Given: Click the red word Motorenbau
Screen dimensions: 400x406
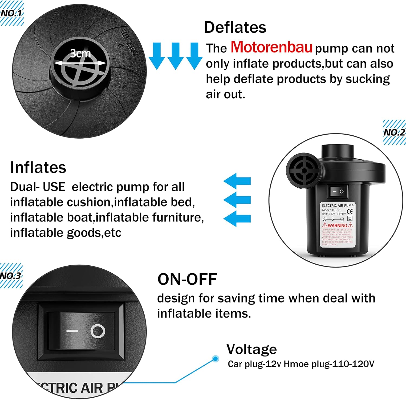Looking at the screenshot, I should tap(271, 47).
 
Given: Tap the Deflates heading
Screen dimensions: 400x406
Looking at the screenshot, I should tap(235, 27).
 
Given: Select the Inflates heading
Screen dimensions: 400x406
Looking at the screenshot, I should tap(38, 167).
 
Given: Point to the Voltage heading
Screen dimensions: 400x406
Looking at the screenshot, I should tap(251, 349).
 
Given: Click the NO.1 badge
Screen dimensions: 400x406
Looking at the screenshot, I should tap(12, 13).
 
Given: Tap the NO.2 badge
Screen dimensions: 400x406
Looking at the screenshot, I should tap(394, 132).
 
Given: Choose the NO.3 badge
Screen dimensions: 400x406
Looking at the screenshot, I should tap(11, 276).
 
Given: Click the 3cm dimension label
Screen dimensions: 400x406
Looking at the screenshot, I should tap(80, 54).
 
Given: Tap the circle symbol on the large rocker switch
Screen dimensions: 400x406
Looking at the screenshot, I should tap(98, 331).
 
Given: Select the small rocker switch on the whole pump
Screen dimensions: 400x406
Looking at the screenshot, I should tap(338, 191).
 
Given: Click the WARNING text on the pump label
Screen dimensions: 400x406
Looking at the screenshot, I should tap(337, 225).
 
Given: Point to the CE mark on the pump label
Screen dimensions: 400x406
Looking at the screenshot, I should tap(350, 212).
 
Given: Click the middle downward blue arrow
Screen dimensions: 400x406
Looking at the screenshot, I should tap(175, 55).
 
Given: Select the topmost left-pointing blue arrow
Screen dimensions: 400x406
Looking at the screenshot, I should tap(237, 181).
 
